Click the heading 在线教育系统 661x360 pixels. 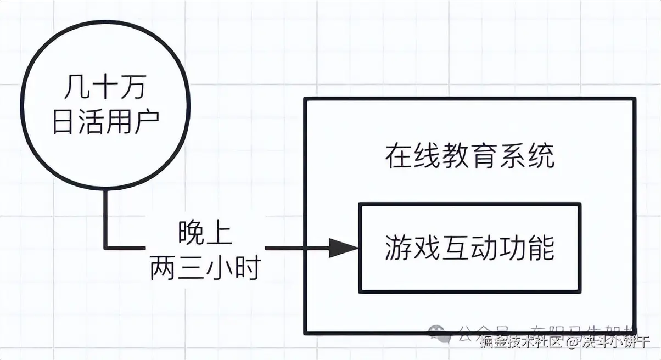(469, 156)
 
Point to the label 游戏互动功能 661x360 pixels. (469, 248)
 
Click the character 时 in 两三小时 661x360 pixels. (247, 268)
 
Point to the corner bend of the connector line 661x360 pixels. (107, 248)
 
